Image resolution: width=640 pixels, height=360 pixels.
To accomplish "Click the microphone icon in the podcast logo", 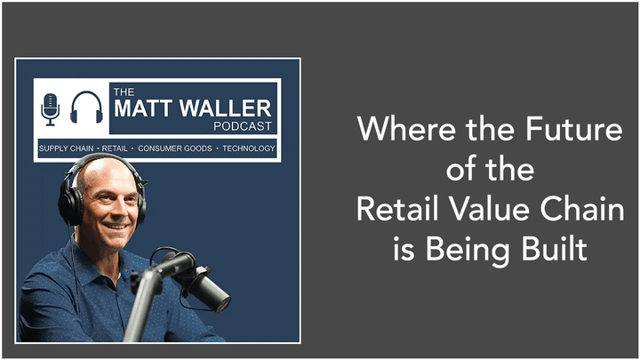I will click(x=50, y=108).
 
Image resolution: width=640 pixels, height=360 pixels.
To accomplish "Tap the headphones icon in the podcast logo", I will click(x=86, y=108).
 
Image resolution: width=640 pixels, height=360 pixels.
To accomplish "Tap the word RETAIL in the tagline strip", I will click(x=117, y=148).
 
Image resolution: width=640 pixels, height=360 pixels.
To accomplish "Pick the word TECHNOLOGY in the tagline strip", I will click(x=249, y=148).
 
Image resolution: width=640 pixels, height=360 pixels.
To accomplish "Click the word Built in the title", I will click(x=556, y=249).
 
